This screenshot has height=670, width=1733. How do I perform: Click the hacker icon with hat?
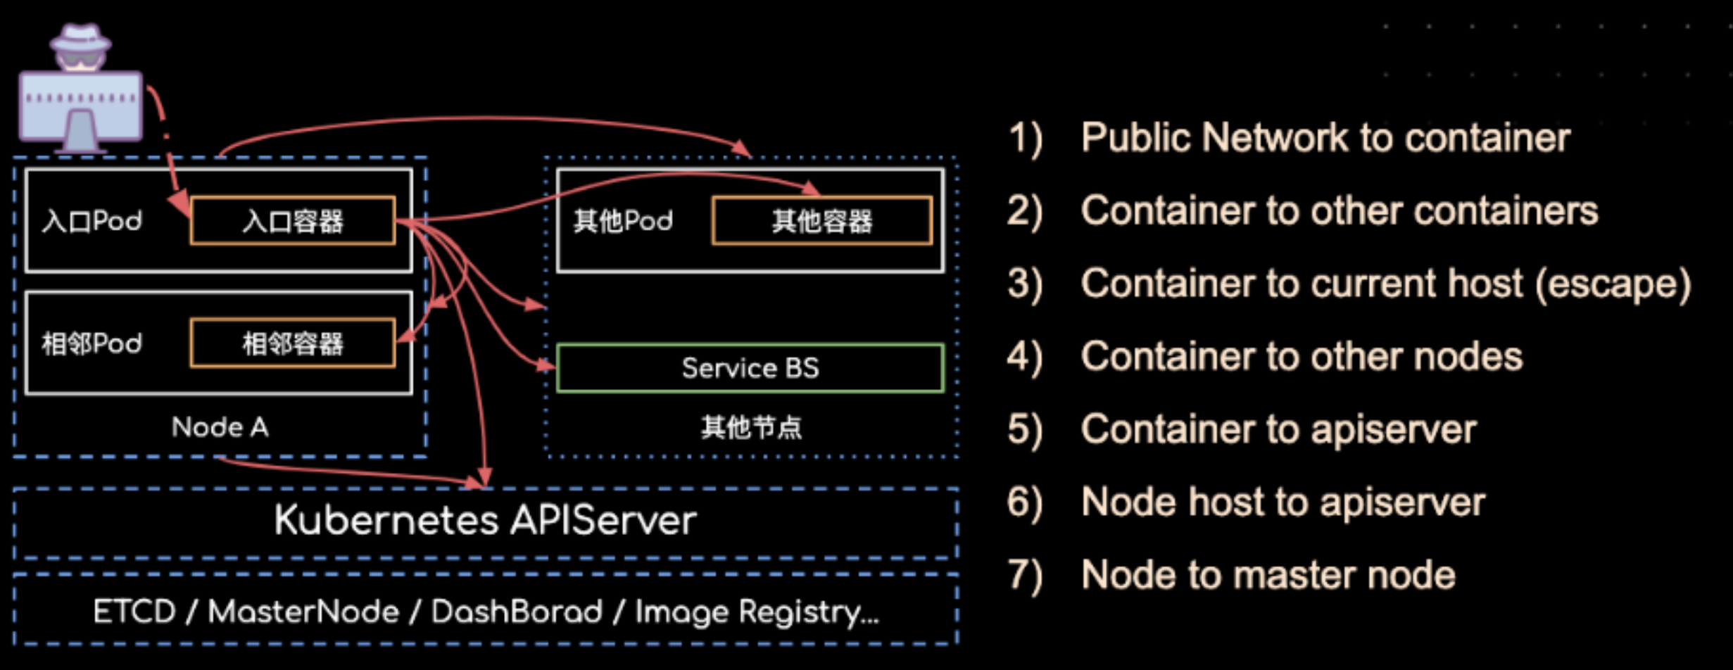[x=80, y=88]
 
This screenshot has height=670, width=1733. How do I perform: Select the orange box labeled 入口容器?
[x=293, y=221]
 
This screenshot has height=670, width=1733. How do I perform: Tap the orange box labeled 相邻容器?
[x=293, y=343]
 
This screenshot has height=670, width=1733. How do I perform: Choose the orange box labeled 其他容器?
[x=822, y=221]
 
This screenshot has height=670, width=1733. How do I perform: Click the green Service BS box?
[x=750, y=368]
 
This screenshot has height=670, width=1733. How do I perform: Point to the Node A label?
[x=220, y=427]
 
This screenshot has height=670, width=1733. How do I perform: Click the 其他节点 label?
[x=751, y=427]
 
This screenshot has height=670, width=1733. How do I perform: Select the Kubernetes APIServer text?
[x=485, y=521]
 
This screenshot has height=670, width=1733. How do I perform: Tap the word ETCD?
[x=134, y=612]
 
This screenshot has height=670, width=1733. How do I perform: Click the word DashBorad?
[x=517, y=612]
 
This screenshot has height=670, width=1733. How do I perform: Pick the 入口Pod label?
[x=92, y=221]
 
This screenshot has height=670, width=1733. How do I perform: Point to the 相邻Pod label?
[x=92, y=343]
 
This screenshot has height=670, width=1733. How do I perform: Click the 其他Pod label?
[x=623, y=221]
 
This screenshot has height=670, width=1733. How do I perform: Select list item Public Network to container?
[x=1325, y=137]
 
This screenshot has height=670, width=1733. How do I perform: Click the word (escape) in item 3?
[x=1613, y=284]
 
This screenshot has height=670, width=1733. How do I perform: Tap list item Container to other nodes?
[x=1302, y=357]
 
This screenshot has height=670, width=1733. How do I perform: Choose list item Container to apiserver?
[x=1278, y=430]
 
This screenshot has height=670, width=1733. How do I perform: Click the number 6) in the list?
[x=1024, y=503]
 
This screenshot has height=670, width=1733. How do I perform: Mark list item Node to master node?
[x=1268, y=575]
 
